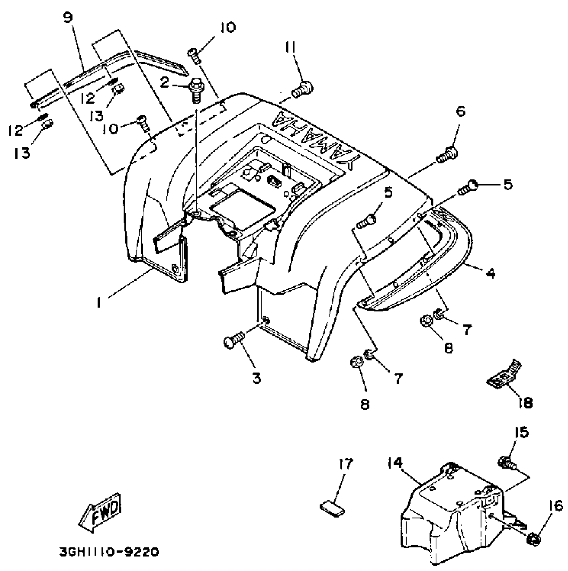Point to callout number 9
click(x=68, y=17)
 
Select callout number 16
click(x=556, y=506)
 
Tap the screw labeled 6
click(x=447, y=156)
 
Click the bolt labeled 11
click(x=303, y=89)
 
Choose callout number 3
click(x=256, y=378)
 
